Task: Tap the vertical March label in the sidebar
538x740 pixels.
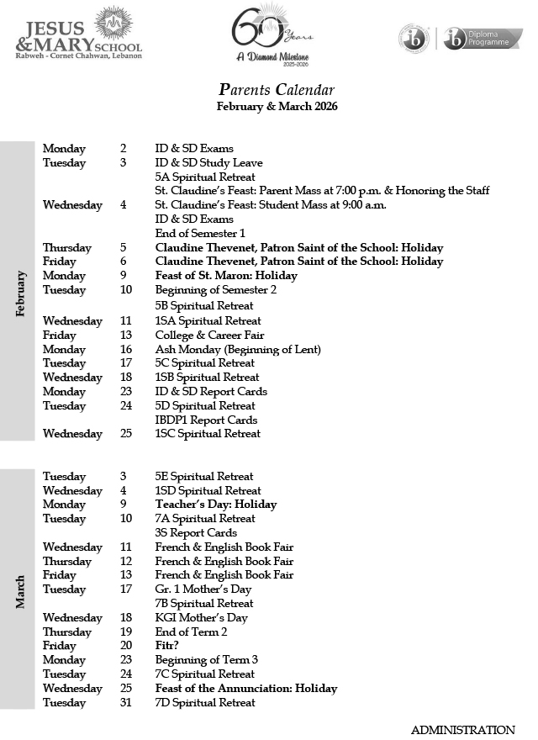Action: point(20,590)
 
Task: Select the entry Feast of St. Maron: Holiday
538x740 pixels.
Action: point(226,276)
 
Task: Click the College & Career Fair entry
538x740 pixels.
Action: point(209,335)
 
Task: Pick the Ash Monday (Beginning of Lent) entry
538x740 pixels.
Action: point(238,349)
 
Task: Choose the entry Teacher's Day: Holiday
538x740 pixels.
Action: point(216,505)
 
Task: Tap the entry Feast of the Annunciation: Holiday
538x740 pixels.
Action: point(246,688)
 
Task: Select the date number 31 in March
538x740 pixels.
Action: point(126,702)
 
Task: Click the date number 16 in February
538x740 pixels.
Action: point(126,349)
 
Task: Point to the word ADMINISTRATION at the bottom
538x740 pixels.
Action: point(462,730)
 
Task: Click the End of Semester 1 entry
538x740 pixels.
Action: point(200,233)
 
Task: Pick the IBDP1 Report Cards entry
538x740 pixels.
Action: point(206,420)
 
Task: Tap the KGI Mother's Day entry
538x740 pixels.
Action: point(201,617)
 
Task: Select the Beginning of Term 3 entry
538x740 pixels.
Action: point(206,660)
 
